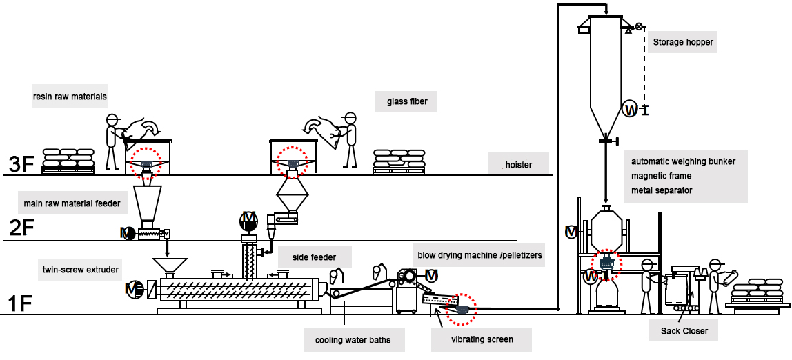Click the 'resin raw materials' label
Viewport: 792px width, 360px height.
(x=70, y=97)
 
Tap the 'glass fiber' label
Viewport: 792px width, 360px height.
(x=407, y=101)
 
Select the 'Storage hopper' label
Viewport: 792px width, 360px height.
(x=683, y=42)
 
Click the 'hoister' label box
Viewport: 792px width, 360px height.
(x=517, y=164)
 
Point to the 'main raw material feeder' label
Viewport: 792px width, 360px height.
(x=72, y=203)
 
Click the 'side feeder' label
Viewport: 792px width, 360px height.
(x=314, y=257)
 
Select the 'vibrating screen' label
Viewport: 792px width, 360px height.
(x=482, y=339)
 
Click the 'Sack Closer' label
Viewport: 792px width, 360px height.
(x=684, y=331)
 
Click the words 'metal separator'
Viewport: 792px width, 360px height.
(x=662, y=190)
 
